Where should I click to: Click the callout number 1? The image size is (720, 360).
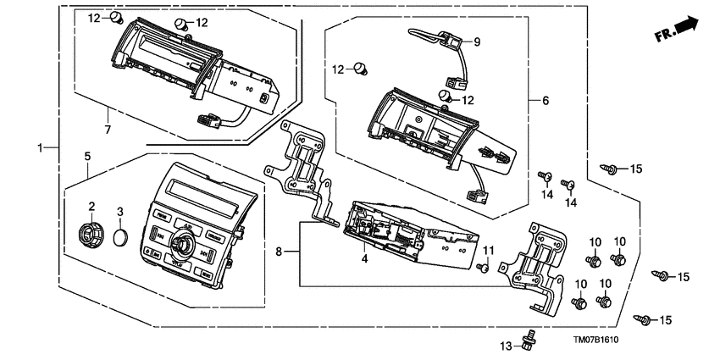[x=40, y=148]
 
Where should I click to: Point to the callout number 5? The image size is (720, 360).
[x=87, y=156]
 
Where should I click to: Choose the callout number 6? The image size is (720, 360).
[x=546, y=101]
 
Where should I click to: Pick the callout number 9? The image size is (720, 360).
[x=476, y=42]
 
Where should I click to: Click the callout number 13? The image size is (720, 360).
[x=506, y=346]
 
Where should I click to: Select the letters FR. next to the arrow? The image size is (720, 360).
[x=662, y=36]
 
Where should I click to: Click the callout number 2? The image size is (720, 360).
[x=91, y=206]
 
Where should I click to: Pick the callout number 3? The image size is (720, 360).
[x=120, y=211]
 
